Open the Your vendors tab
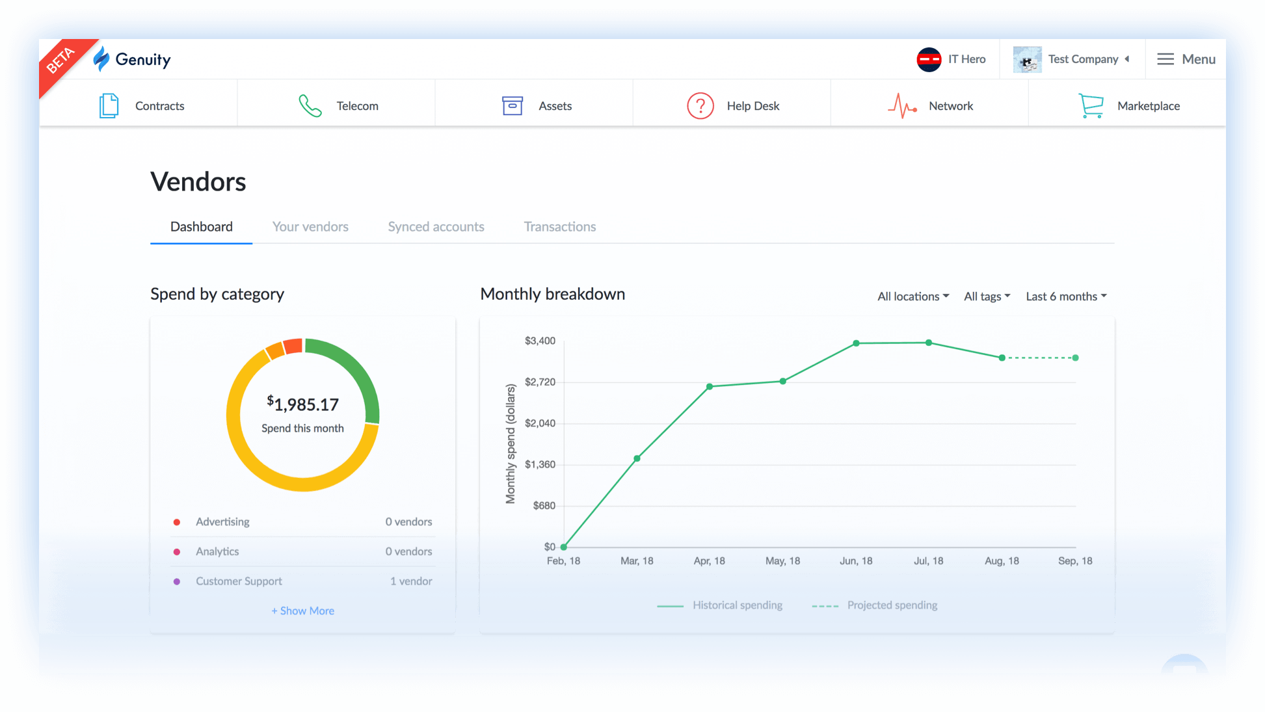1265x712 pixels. click(310, 227)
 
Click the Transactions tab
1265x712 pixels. click(559, 227)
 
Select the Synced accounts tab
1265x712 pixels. click(436, 227)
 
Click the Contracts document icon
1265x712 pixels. click(109, 106)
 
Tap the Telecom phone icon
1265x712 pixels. click(310, 106)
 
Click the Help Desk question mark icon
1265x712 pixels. click(700, 106)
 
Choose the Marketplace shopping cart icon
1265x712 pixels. click(1091, 106)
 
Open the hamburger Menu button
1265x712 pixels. click(1186, 59)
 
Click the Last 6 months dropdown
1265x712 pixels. click(1065, 297)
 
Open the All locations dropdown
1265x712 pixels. click(912, 297)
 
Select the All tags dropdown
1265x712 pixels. click(986, 297)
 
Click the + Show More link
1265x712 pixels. click(302, 611)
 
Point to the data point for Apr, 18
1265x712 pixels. click(710, 386)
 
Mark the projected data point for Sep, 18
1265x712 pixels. click(1075, 358)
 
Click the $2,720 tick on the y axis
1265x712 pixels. click(540, 382)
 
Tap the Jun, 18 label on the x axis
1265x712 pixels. click(856, 561)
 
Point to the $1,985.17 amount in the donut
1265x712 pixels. click(303, 404)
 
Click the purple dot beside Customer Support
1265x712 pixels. click(177, 581)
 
